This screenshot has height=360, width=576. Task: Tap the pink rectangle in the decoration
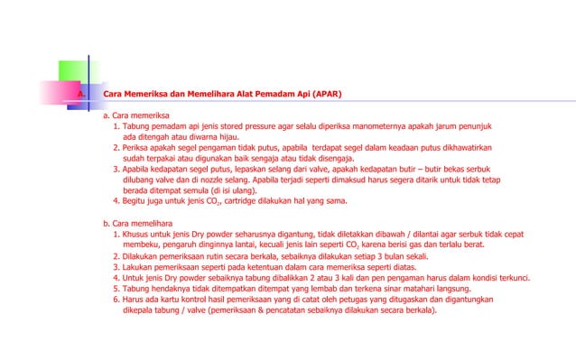point(63,93)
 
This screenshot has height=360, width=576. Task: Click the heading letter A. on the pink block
point(80,94)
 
